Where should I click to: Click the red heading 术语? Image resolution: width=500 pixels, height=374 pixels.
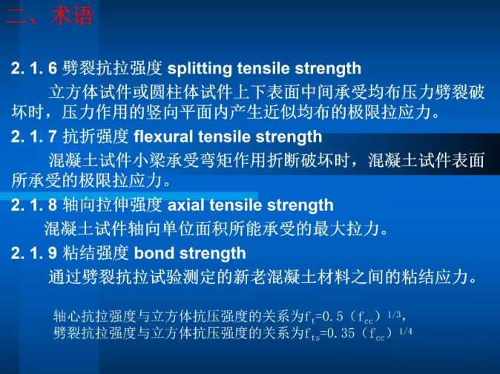71,16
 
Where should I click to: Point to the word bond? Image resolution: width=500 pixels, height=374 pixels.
154,253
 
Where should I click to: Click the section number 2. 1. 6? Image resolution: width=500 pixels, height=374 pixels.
33,68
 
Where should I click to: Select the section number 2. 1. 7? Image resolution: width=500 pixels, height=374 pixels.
33,137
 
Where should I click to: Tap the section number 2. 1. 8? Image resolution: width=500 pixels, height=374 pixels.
33,205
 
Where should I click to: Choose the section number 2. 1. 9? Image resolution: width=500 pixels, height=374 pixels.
33,253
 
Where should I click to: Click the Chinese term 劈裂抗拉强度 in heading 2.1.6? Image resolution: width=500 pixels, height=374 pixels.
112,68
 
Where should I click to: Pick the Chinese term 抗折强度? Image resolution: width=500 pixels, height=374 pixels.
96,137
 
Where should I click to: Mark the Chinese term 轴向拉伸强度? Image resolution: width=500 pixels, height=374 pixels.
112,205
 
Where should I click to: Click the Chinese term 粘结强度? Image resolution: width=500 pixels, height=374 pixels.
96,253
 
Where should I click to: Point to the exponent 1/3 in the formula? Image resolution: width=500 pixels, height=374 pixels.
394,315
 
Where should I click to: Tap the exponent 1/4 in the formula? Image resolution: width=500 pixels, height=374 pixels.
406,332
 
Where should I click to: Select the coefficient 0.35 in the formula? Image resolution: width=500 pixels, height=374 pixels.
341,333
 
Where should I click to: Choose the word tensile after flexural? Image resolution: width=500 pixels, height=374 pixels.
224,137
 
